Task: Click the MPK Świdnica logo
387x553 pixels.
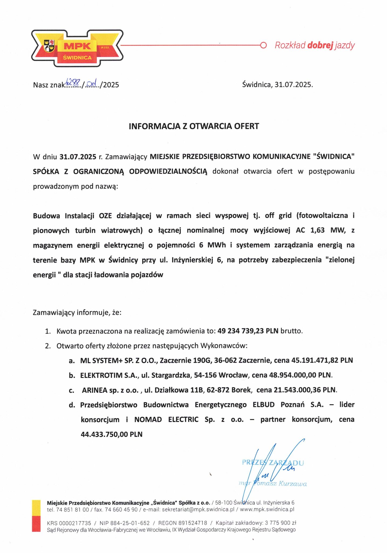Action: (x=77, y=49)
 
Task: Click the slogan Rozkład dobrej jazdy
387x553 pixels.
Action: (x=314, y=45)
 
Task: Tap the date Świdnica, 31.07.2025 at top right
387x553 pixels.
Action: (x=277, y=85)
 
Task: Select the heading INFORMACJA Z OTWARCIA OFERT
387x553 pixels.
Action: (x=194, y=126)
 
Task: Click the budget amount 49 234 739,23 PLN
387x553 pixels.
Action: (x=248, y=331)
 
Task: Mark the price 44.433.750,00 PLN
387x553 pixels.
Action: (x=111, y=434)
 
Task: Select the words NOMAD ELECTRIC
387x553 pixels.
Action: (x=166, y=419)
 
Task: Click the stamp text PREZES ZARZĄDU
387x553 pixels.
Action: (x=273, y=463)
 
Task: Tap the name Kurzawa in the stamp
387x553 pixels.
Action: (x=293, y=483)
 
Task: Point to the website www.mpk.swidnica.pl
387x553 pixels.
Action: (x=267, y=510)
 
